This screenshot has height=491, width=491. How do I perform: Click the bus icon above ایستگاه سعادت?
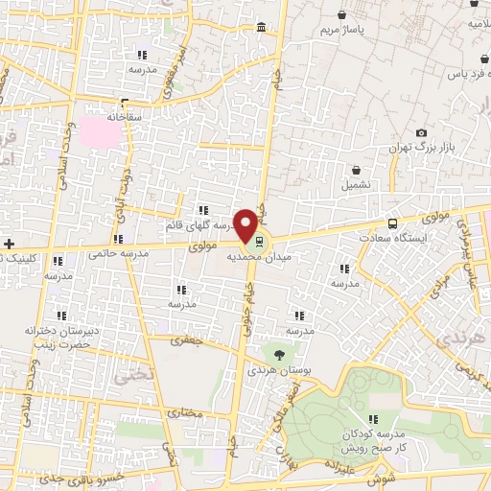389,222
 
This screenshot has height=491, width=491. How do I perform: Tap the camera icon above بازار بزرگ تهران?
421,132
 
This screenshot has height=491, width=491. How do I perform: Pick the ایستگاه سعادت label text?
389,237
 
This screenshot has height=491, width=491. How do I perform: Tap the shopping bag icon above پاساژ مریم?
343,15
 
